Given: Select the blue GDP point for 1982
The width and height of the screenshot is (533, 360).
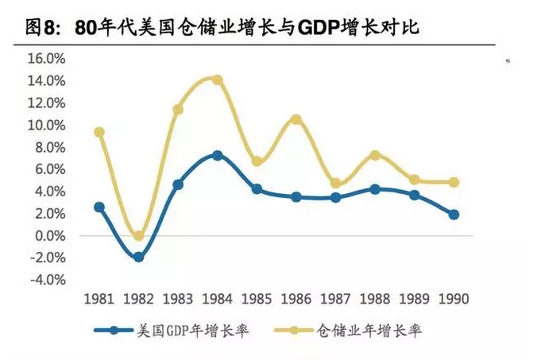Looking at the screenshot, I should tap(138, 257).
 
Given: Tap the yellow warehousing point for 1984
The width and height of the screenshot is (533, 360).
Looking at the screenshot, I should tap(218, 80).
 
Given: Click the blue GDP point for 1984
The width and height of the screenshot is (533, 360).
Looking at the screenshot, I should tap(218, 155).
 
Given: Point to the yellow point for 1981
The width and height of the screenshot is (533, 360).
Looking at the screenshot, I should tap(99, 132).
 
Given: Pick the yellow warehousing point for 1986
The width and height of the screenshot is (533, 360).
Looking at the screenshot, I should tap(296, 119).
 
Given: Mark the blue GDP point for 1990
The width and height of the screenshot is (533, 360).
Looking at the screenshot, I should tap(454, 215).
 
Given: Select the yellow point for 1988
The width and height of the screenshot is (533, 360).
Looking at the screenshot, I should tap(375, 155).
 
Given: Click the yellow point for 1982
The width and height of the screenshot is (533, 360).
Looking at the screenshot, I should tap(138, 236).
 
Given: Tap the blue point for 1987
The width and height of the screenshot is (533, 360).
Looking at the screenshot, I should tap(335, 197).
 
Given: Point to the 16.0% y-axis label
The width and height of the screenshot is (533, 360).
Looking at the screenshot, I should tap(45, 59).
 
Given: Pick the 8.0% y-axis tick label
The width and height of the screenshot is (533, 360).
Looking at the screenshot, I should tap(48, 147).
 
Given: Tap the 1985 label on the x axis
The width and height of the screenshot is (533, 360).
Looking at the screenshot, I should tap(257, 300).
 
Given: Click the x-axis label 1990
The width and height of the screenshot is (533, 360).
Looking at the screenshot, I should tap(454, 300).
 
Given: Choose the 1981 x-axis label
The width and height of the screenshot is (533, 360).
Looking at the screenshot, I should tap(99, 300).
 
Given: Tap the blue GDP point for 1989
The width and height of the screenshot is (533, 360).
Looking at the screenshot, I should tap(414, 195).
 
